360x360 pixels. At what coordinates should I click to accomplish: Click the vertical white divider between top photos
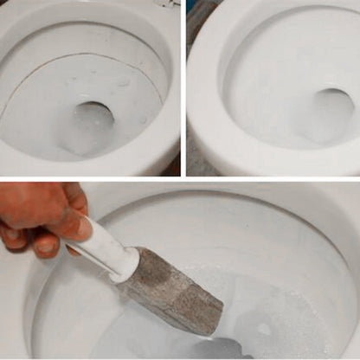(183, 87)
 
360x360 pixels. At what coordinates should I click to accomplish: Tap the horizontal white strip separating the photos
(180, 178)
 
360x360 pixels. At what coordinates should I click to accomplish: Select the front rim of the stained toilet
(87, 164)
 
